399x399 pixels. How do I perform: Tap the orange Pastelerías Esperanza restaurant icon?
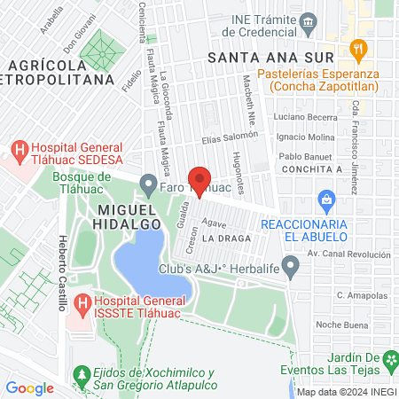(x=358, y=48)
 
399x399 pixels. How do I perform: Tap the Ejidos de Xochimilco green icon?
(x=82, y=373)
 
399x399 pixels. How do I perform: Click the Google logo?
(x=29, y=387)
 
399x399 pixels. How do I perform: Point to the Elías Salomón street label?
(x=229, y=137)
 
